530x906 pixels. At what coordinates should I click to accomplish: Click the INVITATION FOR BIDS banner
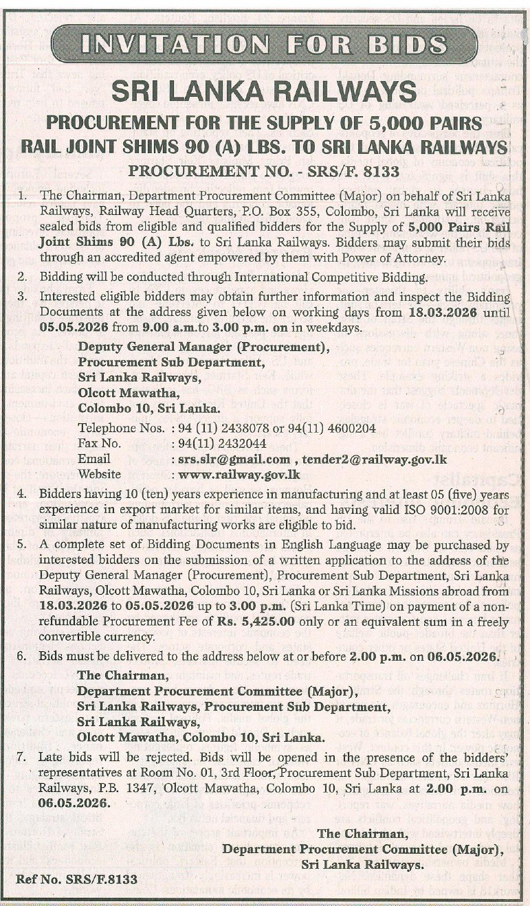[x=264, y=44]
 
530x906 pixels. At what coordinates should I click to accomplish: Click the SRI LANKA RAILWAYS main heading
[x=264, y=91]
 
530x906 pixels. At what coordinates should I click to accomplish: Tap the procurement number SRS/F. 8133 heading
[x=264, y=170]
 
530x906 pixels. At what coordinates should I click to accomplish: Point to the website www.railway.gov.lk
[x=240, y=473]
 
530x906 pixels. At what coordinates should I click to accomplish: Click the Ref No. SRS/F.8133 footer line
[x=76, y=879]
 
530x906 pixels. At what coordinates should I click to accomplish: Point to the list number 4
[x=22, y=495]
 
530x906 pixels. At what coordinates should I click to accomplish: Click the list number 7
[x=22, y=758]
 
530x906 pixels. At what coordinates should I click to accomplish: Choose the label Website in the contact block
[x=100, y=473]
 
